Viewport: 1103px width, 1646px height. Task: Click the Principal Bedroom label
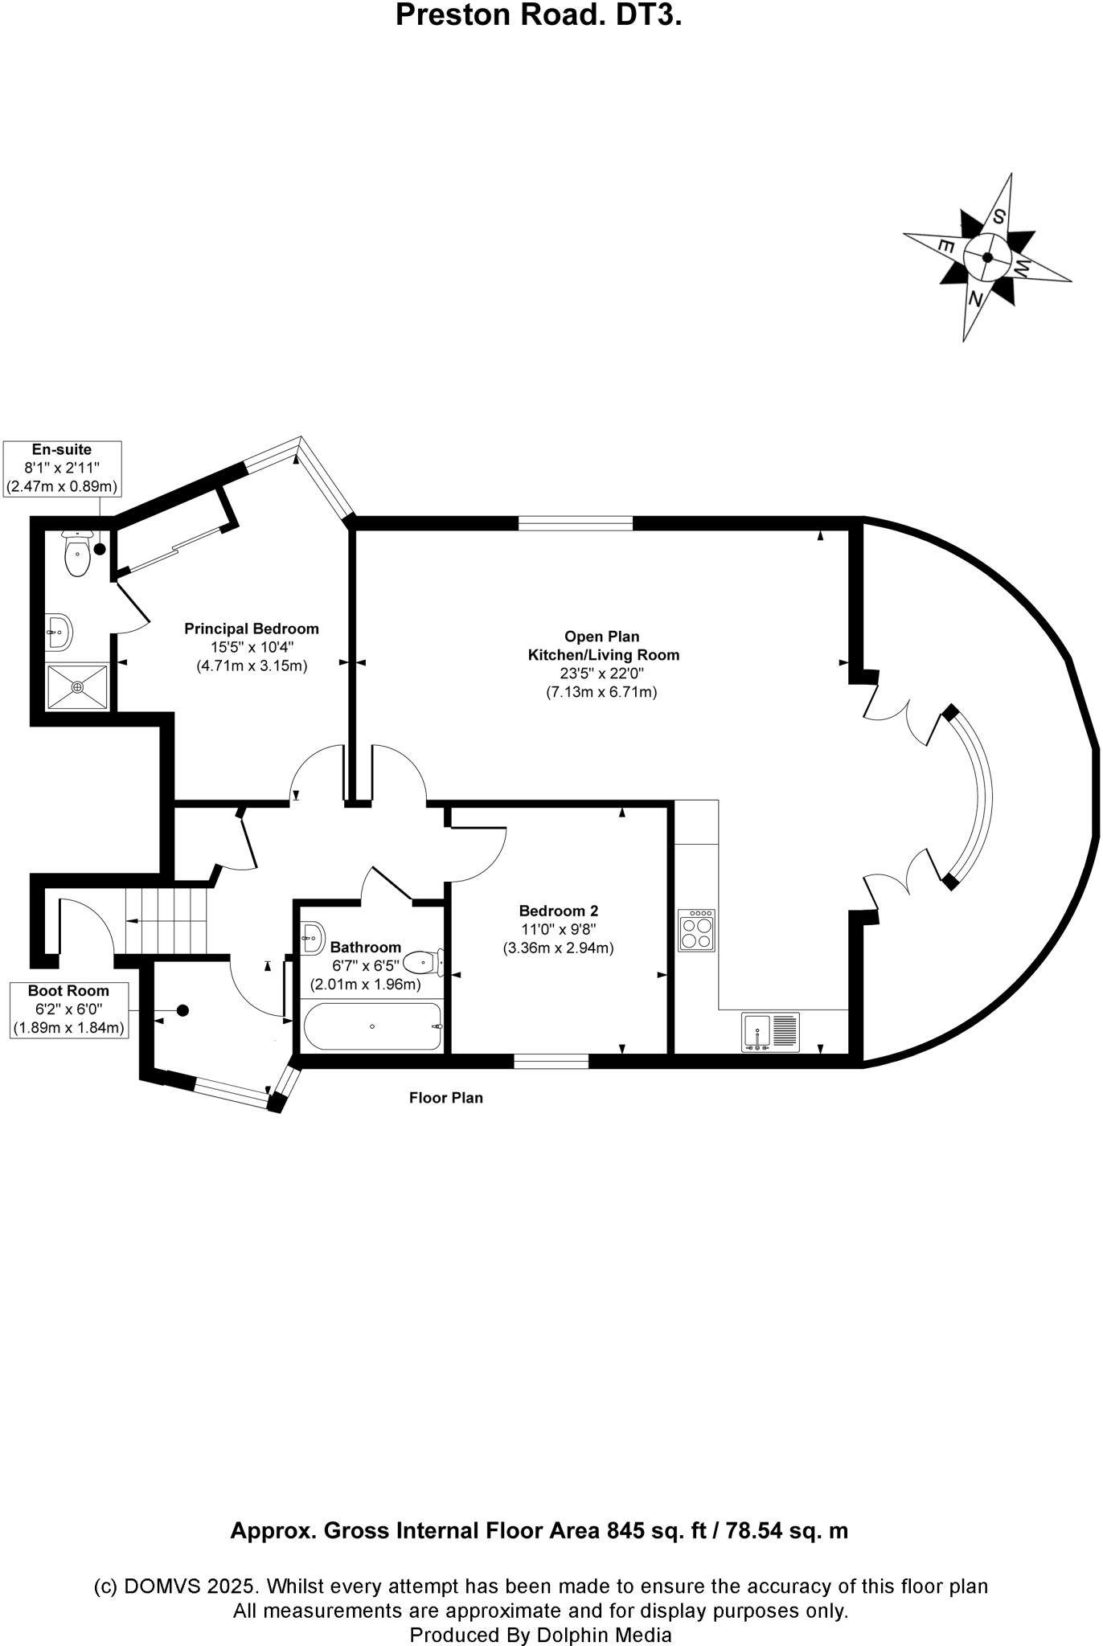tap(251, 629)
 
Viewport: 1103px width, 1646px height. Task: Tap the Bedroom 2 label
tap(558, 911)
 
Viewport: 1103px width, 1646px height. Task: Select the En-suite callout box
tap(62, 469)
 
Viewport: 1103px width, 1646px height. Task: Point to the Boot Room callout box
tap(68, 1009)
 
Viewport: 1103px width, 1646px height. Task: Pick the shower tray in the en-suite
tap(77, 686)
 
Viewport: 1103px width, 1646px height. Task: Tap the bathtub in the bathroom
tap(372, 1026)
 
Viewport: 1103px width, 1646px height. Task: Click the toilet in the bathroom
tap(422, 961)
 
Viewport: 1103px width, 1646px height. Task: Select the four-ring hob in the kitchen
tap(696, 931)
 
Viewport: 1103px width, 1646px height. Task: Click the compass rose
tap(987, 257)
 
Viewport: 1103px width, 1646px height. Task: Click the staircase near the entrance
tap(166, 919)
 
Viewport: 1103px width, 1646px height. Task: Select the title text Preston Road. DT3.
tap(539, 15)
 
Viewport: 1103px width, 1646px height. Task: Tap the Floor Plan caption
tap(446, 1098)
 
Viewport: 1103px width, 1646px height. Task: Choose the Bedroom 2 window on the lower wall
tap(551, 1061)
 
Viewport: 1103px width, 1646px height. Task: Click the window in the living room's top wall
tap(575, 524)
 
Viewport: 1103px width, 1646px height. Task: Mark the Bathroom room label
tap(365, 947)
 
